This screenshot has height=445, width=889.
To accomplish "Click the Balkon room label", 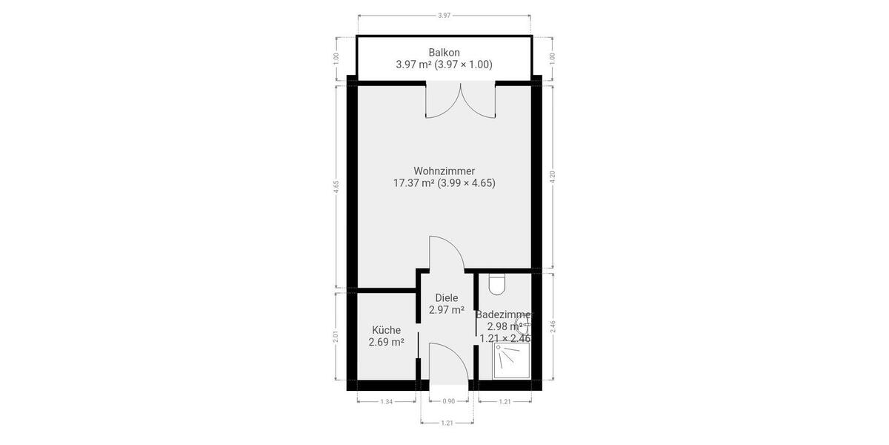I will coord(444,52).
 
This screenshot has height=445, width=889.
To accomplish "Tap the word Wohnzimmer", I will coord(444,171).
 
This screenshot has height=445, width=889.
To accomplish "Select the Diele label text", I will coord(447,298).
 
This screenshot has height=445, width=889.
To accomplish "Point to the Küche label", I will coord(386,330).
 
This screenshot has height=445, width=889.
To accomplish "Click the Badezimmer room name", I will coord(504,314).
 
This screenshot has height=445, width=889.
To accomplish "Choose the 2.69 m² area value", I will coord(386,342).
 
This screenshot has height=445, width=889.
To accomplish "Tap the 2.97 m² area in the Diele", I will coord(447,310).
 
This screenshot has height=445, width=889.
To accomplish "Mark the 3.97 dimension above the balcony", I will coord(444,15).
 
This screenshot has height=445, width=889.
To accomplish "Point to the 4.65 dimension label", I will coord(336,187).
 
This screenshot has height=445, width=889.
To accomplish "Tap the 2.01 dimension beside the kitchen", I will coord(336,336).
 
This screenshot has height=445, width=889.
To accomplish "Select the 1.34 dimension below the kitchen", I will coord(386,402).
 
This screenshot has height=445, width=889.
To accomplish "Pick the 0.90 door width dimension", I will coord(448,402).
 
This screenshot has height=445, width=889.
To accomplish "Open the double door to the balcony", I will coord(460,101).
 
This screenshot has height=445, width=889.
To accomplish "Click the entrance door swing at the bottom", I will coord(448,363).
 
